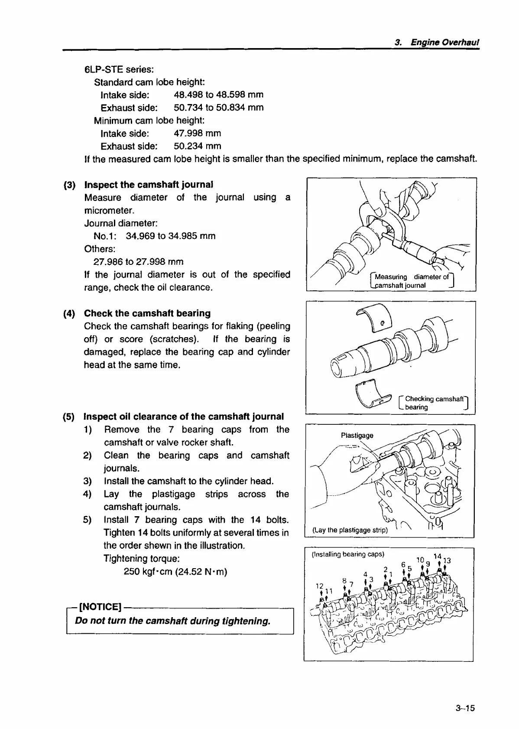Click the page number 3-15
(x=465, y=708)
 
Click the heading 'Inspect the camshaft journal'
(x=149, y=185)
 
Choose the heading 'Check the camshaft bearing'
(x=147, y=313)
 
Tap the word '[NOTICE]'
(x=100, y=606)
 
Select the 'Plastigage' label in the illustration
(x=357, y=436)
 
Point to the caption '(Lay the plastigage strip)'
(x=350, y=530)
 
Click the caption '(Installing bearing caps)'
(x=348, y=554)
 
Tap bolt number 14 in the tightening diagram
(x=437, y=556)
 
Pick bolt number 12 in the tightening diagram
(x=320, y=586)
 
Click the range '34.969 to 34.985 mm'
(x=170, y=236)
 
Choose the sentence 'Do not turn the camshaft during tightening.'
(x=173, y=621)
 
